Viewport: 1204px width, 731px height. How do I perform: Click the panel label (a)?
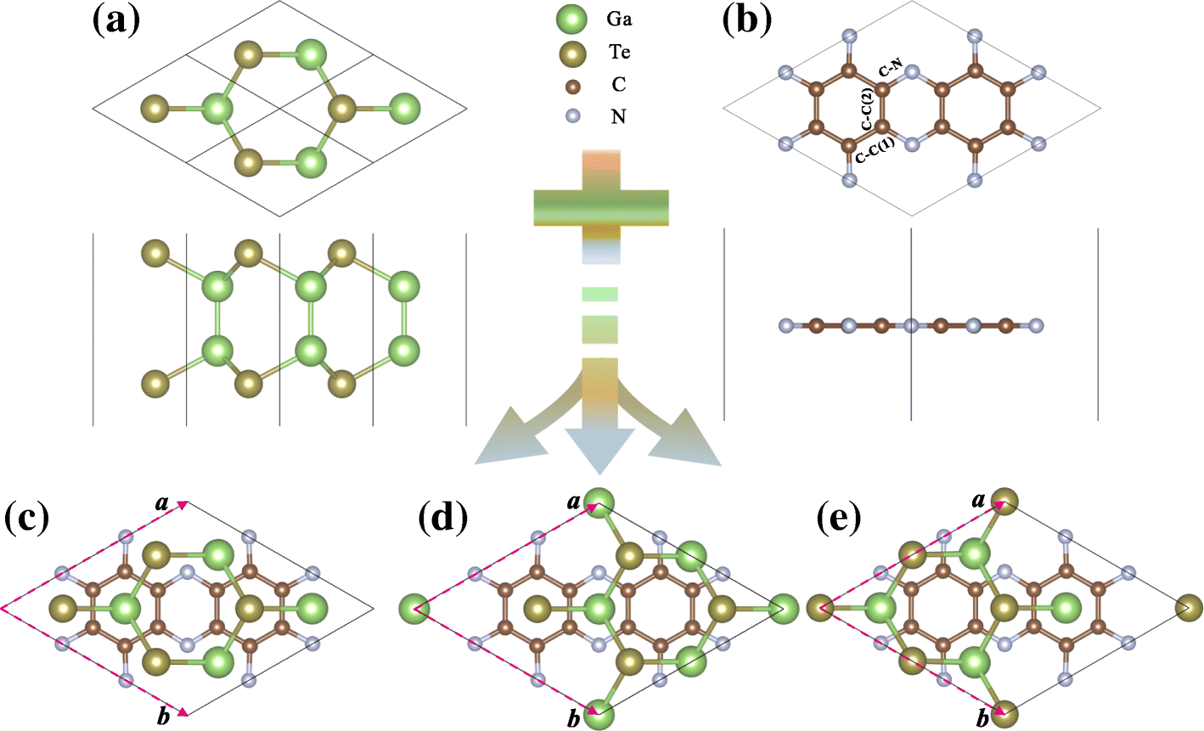(115, 20)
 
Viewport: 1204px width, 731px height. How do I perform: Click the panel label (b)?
(747, 20)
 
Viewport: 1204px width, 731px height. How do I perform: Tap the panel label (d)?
(443, 516)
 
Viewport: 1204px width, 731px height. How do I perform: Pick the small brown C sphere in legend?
(571, 86)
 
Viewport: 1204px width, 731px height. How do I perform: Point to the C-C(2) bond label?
(868, 110)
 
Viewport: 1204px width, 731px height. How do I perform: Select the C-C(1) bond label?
(875, 150)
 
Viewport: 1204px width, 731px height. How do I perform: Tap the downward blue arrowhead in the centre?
(599, 451)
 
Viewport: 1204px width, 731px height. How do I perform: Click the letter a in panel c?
(161, 503)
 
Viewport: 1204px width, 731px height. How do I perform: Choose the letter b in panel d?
(575, 719)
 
